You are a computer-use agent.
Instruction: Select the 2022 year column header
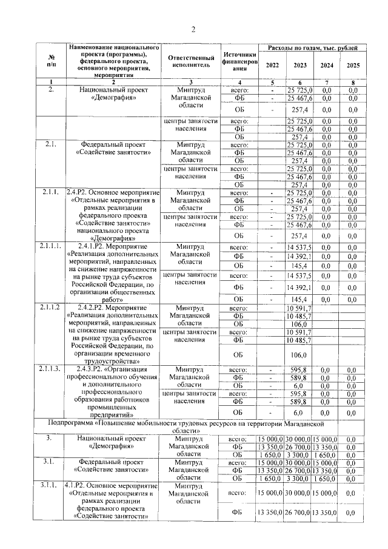coord(272,66)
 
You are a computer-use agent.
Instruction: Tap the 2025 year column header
coord(349,66)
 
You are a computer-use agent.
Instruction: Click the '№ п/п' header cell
coord(51,60)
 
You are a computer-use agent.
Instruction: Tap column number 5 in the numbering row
coord(272,83)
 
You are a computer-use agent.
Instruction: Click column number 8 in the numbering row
coord(349,83)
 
